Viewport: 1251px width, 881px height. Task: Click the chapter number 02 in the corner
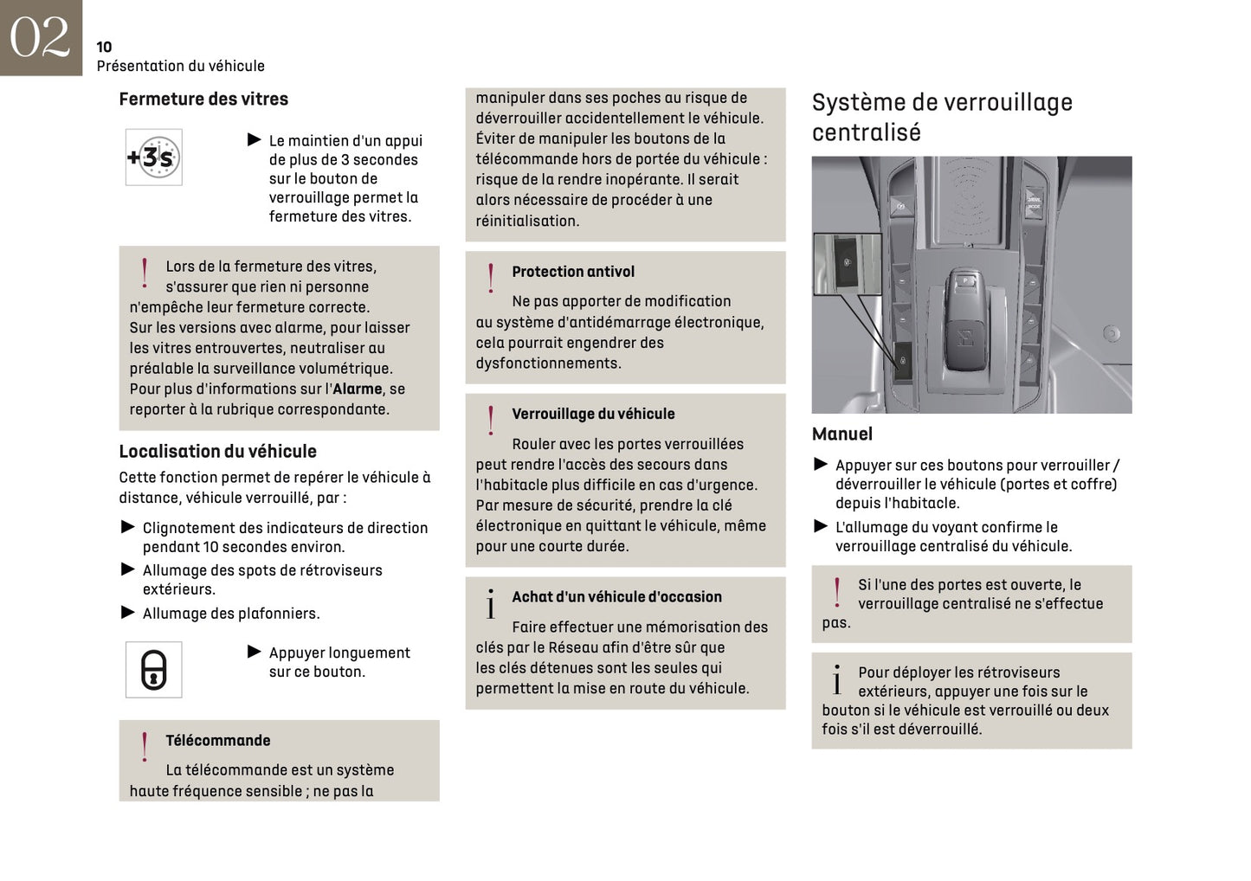point(40,37)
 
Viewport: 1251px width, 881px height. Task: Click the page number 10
point(104,47)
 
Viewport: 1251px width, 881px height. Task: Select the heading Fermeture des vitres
point(203,100)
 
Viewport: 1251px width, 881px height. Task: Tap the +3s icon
point(153,158)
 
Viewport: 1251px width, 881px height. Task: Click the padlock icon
point(153,670)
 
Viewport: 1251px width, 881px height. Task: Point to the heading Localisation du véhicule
point(217,452)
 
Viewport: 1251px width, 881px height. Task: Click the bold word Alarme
point(357,389)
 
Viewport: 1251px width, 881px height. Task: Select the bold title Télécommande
point(217,741)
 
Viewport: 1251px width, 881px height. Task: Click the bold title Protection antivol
point(572,272)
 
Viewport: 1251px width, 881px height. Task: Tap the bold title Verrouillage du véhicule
point(593,415)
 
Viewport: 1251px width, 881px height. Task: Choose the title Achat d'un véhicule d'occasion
point(616,597)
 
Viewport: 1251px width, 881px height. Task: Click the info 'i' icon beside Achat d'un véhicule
point(491,604)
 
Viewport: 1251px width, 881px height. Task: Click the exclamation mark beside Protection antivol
point(491,279)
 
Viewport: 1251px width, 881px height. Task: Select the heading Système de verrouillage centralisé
point(941,117)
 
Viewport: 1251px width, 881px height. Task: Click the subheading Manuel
point(842,434)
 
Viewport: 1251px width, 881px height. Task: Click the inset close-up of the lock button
point(846,263)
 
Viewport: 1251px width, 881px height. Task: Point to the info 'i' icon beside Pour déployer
point(836,680)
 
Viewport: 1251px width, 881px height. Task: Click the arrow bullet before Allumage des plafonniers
point(128,613)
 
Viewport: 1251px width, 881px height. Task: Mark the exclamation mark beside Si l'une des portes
point(836,593)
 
